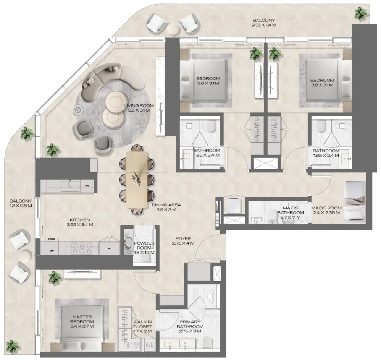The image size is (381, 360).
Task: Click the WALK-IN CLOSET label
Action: pos(142,326)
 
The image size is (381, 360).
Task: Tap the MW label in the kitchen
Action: pos(52,251)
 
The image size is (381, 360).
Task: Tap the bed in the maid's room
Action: pos(355,202)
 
